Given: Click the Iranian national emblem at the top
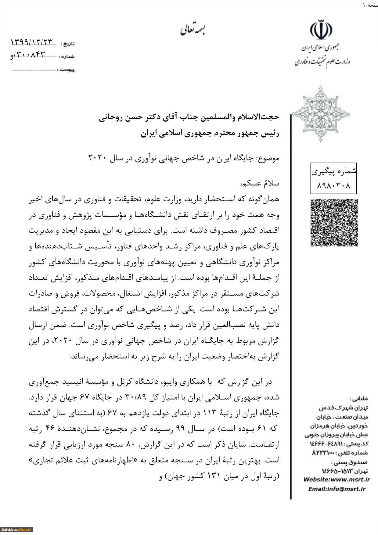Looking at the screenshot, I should point(321,30).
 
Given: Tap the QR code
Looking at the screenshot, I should point(334,222).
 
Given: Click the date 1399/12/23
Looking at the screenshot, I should point(32,42).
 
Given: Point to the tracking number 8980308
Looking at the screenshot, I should point(334,185).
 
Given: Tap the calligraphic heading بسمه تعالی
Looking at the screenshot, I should point(192,30).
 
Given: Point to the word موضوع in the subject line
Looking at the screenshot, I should point(268,158).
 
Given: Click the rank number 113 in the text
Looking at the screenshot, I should point(208,413).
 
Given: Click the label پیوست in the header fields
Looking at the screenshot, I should point(67,70).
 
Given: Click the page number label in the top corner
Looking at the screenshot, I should point(370,5).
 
